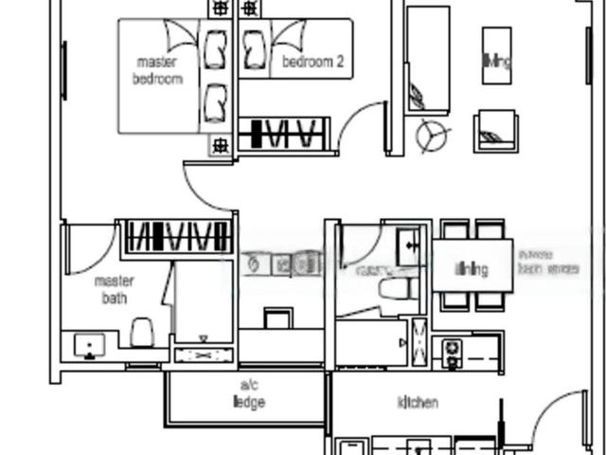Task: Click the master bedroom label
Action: coord(157,71)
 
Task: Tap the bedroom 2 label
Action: coord(313,63)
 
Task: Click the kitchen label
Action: coord(418,403)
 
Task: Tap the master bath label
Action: coord(114,290)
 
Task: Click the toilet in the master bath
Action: coord(142,332)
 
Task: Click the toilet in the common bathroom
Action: coord(390,288)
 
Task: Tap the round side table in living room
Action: coord(432,136)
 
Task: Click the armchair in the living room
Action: coord(495,130)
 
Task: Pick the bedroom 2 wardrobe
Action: coord(283,134)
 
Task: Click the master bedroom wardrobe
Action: coord(176,236)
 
